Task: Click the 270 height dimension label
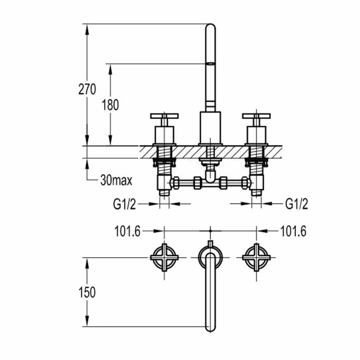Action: pyautogui.click(x=87, y=90)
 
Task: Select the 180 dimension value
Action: pyautogui.click(x=110, y=105)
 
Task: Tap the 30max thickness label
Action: pyautogui.click(x=116, y=181)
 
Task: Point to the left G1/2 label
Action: pyautogui.click(x=124, y=204)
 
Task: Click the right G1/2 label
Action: pyautogui.click(x=296, y=204)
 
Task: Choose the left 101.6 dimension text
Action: pyautogui.click(x=127, y=231)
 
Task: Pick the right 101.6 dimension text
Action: pyautogui.click(x=293, y=231)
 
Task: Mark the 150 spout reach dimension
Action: pyautogui.click(x=87, y=292)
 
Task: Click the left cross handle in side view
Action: pyautogui.click(x=164, y=116)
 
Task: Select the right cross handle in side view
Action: pyautogui.click(x=256, y=116)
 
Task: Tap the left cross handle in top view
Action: pyautogui.click(x=164, y=258)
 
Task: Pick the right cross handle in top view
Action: pyautogui.click(x=256, y=258)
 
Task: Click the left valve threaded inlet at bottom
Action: pyautogui.click(x=164, y=193)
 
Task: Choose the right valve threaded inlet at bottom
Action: pyautogui.click(x=257, y=193)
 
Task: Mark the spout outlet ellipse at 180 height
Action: pyautogui.click(x=210, y=64)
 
